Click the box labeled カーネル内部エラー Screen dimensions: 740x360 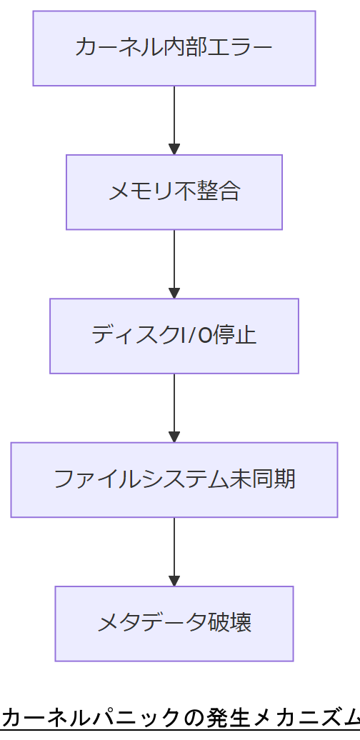[x=174, y=48]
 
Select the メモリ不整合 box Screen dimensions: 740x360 [x=174, y=192]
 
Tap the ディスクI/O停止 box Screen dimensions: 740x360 [x=174, y=336]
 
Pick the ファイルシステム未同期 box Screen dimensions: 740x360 [x=174, y=479]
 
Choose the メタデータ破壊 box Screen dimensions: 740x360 [x=174, y=624]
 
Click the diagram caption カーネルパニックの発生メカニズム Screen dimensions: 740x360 [x=180, y=716]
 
